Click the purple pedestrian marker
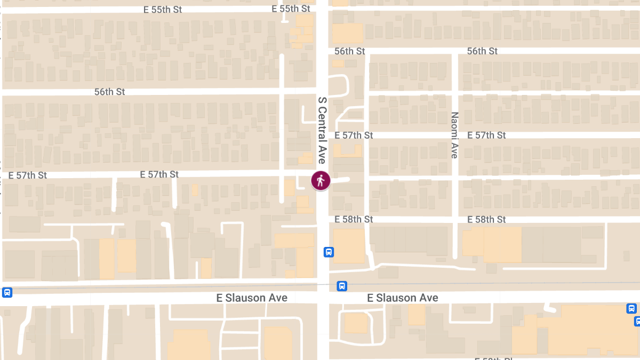point(321,180)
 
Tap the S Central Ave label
point(322,130)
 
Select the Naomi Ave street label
point(454,135)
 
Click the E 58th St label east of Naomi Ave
point(486,219)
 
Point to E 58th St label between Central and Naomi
point(354,219)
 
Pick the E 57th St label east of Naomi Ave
point(486,135)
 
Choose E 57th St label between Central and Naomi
point(354,135)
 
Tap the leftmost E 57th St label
point(28,175)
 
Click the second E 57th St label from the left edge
point(159,174)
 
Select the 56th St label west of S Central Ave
point(109,92)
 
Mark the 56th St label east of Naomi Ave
point(482,51)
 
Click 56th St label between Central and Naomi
point(350,51)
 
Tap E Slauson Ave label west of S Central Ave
point(252,298)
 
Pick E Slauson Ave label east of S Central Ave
point(403,298)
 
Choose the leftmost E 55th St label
point(163,10)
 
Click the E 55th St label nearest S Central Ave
point(291,9)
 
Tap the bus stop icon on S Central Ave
point(329,252)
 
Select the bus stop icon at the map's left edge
point(7,292)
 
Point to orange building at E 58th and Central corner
point(349,245)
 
